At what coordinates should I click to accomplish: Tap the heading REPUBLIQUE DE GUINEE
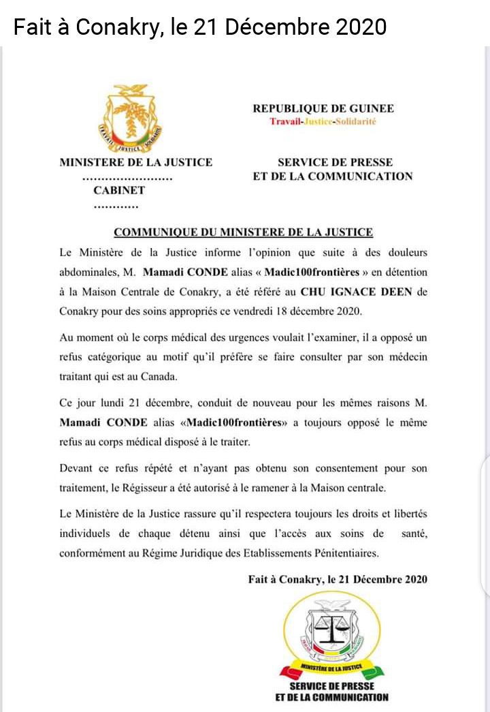click(x=323, y=108)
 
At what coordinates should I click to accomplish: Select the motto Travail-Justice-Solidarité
click(x=323, y=121)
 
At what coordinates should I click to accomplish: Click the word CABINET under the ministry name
click(x=119, y=190)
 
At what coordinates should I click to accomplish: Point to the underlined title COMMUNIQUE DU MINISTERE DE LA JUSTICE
click(x=243, y=232)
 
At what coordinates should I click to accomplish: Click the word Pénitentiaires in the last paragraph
click(x=340, y=553)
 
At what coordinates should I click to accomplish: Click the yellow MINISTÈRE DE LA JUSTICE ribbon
click(x=331, y=666)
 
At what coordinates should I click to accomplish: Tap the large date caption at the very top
click(x=200, y=27)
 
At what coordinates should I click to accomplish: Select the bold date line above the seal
click(x=338, y=579)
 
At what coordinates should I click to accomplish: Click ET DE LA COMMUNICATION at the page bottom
click(x=332, y=697)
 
